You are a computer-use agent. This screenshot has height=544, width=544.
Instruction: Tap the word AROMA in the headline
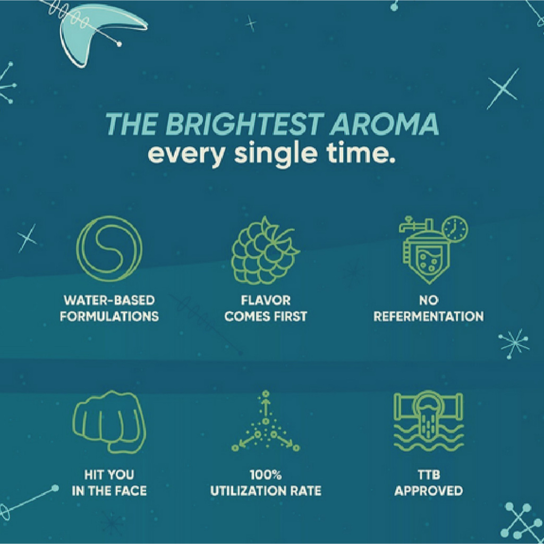click(x=385, y=124)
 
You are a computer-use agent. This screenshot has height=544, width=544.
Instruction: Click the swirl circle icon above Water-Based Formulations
click(x=109, y=249)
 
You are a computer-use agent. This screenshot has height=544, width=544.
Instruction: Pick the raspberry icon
click(x=265, y=251)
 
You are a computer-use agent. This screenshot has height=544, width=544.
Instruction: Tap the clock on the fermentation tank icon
click(x=455, y=228)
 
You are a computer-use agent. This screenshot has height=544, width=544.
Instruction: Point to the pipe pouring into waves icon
click(x=429, y=421)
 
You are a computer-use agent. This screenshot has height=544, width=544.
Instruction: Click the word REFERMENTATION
click(x=429, y=317)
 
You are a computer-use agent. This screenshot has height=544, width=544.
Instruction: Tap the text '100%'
click(x=266, y=474)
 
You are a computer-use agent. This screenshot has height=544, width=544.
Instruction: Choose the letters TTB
click(x=429, y=474)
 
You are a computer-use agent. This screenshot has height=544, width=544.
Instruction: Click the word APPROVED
click(x=429, y=490)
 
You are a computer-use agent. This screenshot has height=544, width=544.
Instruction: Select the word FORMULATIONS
click(x=109, y=317)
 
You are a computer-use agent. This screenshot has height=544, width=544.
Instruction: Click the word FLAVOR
click(x=266, y=300)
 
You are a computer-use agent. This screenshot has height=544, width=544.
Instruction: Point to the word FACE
click(x=131, y=490)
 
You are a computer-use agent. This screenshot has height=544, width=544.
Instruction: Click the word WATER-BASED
click(x=109, y=300)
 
